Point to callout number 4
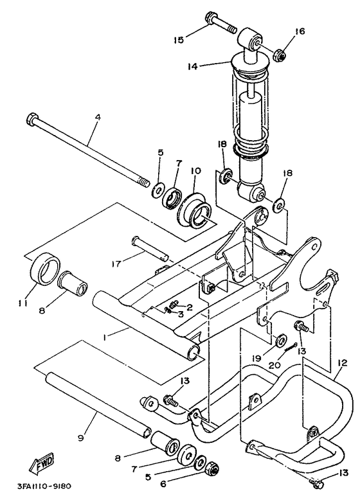[98, 118]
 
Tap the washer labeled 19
[280, 339]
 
